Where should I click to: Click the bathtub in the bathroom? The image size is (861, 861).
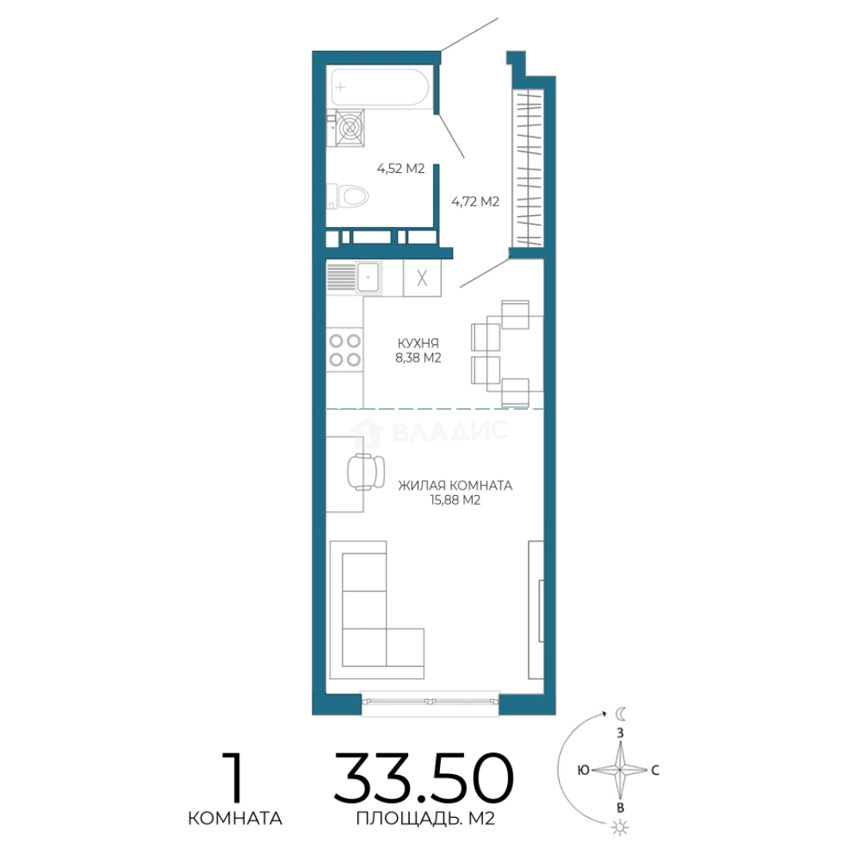click(x=379, y=87)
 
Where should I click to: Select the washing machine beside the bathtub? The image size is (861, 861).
click(x=350, y=128)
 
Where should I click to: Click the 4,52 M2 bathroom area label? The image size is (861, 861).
click(x=401, y=168)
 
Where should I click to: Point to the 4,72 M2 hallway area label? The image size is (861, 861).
click(x=475, y=202)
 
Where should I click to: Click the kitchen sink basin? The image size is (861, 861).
click(x=368, y=277)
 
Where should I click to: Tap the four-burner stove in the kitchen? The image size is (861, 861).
click(x=345, y=350)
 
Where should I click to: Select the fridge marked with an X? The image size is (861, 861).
click(x=422, y=278)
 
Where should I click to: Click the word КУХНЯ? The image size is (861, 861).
click(x=419, y=343)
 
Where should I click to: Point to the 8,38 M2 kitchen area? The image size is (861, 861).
click(x=419, y=358)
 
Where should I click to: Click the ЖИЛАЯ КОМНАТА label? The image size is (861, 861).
click(x=455, y=486)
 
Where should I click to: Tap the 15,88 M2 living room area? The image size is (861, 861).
click(x=455, y=500)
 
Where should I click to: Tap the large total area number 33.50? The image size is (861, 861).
click(x=423, y=777)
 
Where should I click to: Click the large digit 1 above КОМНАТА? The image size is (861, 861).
click(x=234, y=777)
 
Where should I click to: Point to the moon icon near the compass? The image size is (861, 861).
click(x=620, y=714)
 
